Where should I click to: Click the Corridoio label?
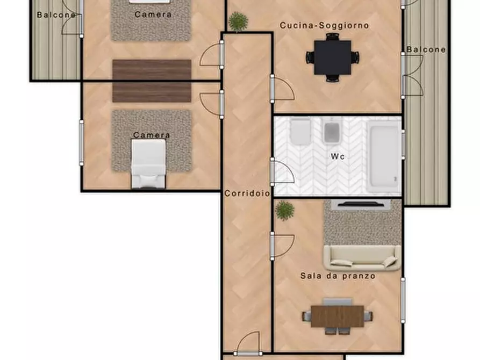pos(247,193)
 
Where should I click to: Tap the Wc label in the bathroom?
pos(338,156)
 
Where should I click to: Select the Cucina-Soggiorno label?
pos(324,25)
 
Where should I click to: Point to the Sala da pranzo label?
pos(338,276)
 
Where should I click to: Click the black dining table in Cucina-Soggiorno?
pos(332,57)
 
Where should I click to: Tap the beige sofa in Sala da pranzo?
pos(362,258)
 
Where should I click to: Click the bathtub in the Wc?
pos(384,157)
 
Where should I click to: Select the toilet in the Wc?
pos(300,132)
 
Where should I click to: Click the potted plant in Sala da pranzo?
pos(285,211)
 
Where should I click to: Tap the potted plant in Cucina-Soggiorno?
pos(238,21)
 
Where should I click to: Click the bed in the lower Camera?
pos(148,164)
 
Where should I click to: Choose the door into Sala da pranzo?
pos(283,246)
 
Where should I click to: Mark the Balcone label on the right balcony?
pos(426,49)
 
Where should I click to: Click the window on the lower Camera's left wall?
pos(81,143)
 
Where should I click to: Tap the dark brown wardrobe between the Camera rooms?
pos(152,81)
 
